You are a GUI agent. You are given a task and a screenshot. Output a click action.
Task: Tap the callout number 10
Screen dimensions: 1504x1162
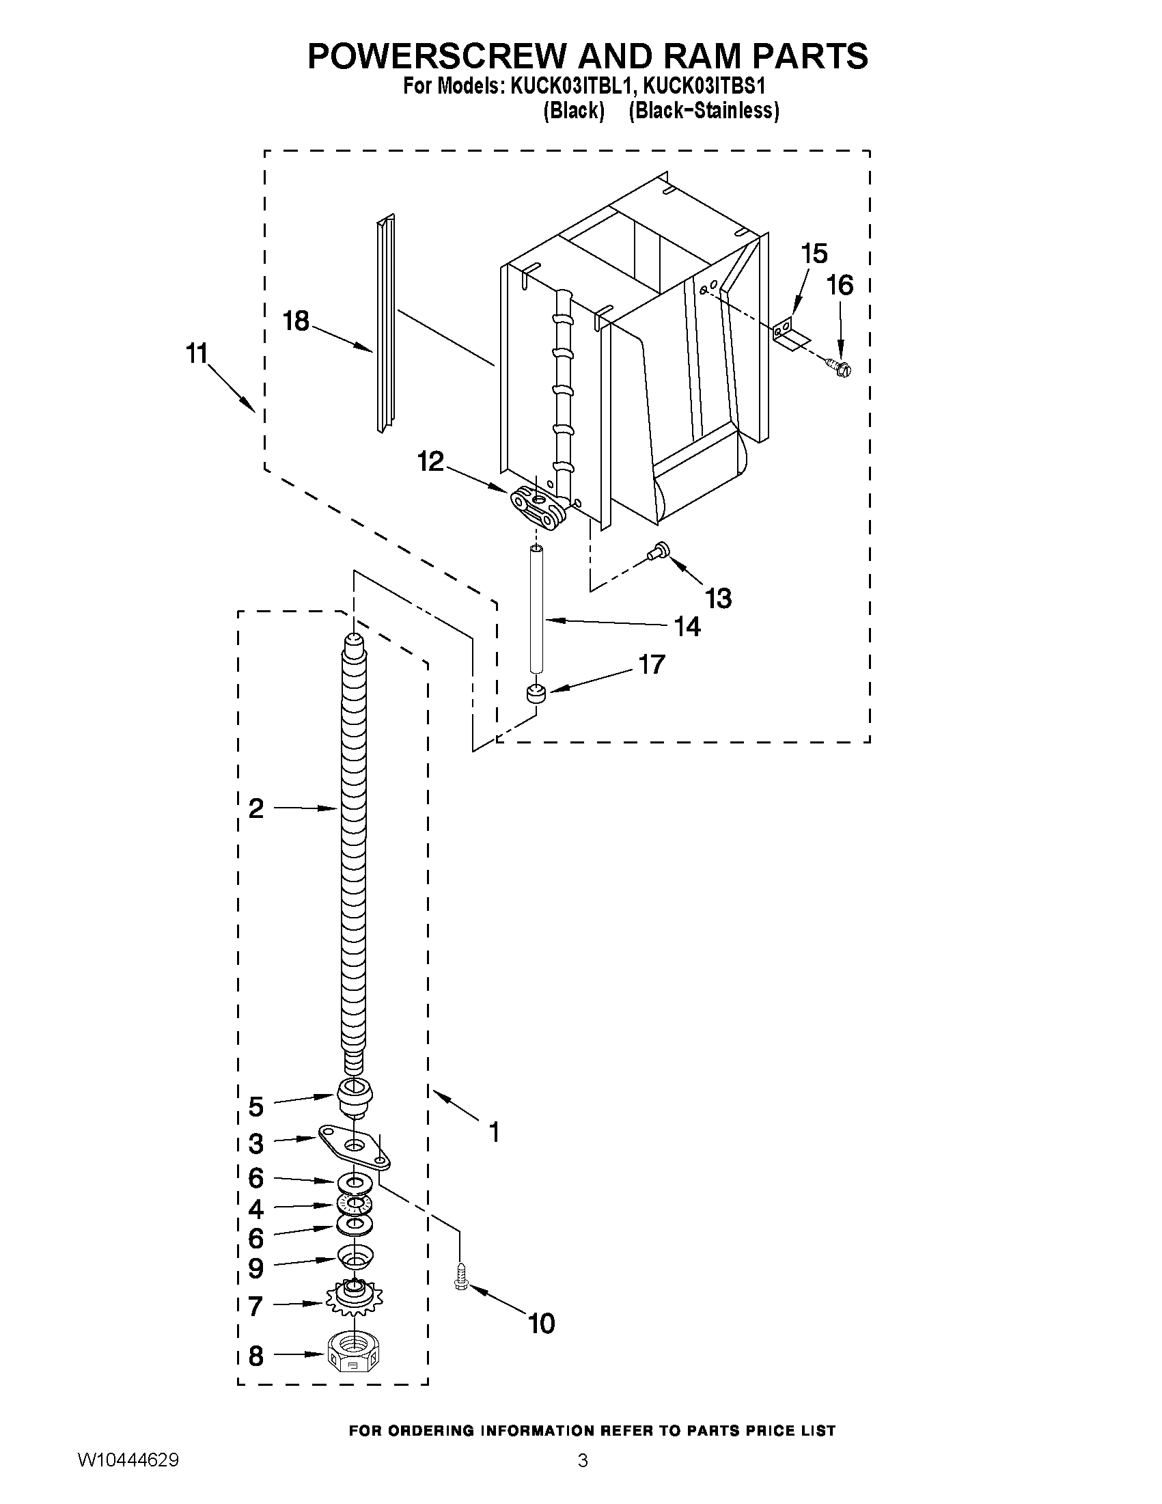[541, 1323]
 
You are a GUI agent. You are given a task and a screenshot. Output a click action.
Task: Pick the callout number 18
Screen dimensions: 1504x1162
[296, 321]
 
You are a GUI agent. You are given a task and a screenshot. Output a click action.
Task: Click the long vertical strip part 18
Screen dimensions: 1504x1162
[385, 324]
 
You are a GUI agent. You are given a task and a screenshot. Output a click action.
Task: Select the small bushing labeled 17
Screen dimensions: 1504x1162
[535, 694]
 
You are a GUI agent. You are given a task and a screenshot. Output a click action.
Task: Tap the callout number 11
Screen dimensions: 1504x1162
[197, 354]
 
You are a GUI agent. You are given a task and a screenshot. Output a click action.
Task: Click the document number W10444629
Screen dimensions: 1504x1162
[128, 1479]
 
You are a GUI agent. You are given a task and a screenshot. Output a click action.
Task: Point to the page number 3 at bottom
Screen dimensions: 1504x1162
[583, 1480]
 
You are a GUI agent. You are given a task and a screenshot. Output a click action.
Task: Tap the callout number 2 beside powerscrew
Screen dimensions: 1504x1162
[256, 808]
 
